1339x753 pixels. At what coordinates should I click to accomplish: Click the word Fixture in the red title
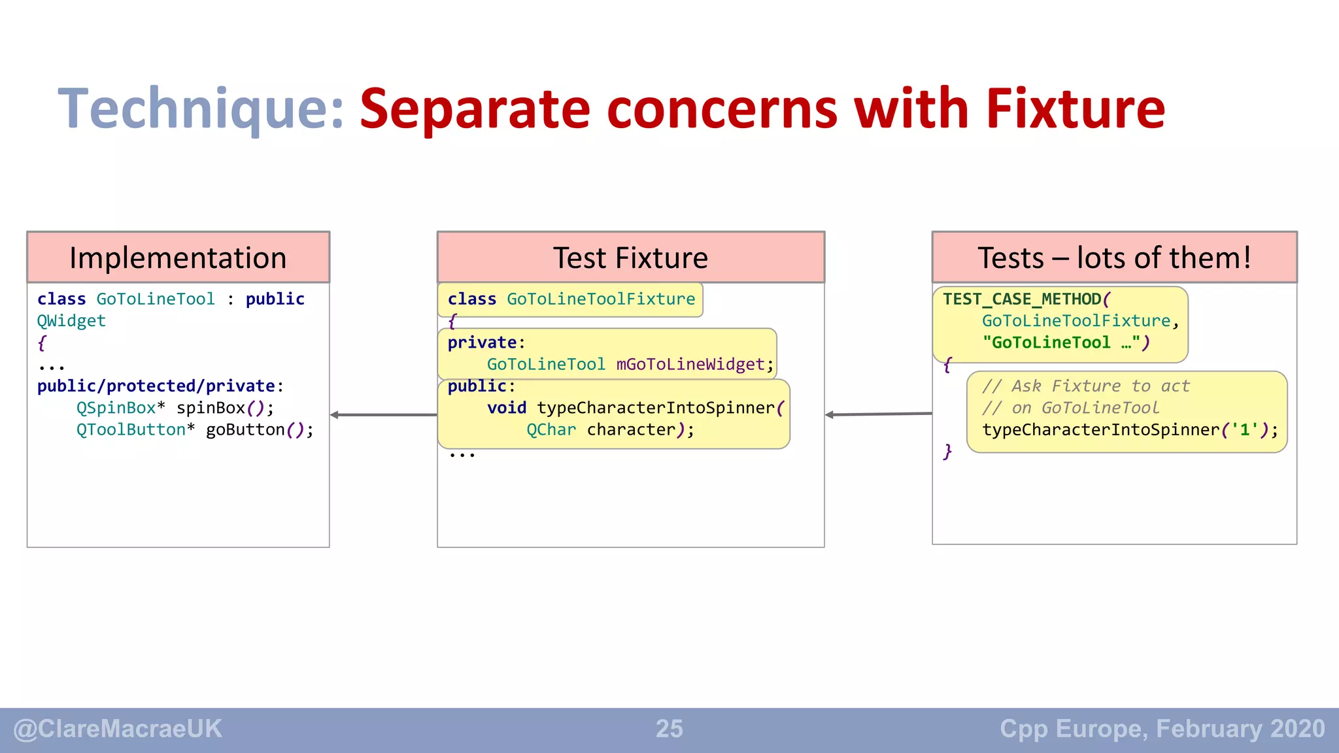pyautogui.click(x=1075, y=109)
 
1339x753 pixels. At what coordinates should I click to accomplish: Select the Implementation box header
pyautogui.click(x=178, y=258)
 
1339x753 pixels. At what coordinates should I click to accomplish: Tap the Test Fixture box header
pyautogui.click(x=630, y=258)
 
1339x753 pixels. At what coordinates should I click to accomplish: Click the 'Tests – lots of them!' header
pyautogui.click(x=1114, y=258)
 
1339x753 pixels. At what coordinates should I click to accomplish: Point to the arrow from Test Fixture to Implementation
pyautogui.click(x=384, y=415)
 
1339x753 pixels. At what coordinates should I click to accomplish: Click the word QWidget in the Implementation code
pyautogui.click(x=71, y=321)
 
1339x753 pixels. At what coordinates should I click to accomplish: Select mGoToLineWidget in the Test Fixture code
pyautogui.click(x=690, y=365)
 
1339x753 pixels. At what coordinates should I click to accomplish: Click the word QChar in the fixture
pyautogui.click(x=551, y=430)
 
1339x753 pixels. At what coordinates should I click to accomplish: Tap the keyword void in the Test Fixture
pyautogui.click(x=506, y=408)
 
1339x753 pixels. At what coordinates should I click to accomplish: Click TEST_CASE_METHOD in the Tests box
pyautogui.click(x=1022, y=299)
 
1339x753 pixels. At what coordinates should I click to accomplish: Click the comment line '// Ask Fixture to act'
pyautogui.click(x=1085, y=386)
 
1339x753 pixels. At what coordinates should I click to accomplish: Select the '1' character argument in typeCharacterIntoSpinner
pyautogui.click(x=1244, y=430)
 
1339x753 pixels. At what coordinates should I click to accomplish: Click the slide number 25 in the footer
pyautogui.click(x=669, y=729)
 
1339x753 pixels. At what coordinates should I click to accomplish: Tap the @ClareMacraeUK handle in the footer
pyautogui.click(x=118, y=729)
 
